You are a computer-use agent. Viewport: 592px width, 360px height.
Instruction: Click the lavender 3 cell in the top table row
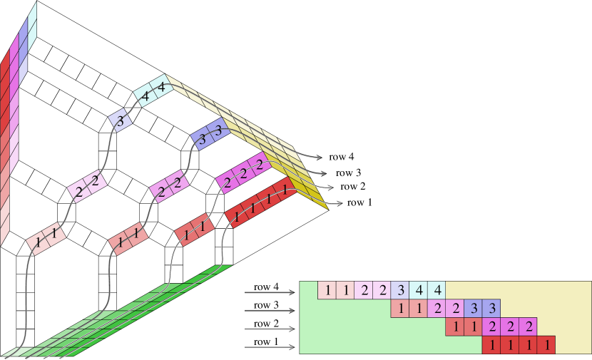click(x=400, y=290)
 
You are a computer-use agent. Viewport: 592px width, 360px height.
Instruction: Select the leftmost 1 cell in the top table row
click(x=327, y=290)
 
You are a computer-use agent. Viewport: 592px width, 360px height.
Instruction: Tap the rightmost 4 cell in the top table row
click(x=437, y=290)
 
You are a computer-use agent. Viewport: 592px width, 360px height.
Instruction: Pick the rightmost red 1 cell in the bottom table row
click(x=546, y=346)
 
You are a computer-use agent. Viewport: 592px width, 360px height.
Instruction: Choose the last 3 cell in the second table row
click(x=491, y=309)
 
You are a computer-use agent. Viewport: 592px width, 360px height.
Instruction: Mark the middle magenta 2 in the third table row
click(x=510, y=327)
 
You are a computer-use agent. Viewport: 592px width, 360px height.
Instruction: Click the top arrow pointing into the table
click(x=271, y=292)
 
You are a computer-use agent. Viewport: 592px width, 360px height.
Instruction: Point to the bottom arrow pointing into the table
click(x=271, y=347)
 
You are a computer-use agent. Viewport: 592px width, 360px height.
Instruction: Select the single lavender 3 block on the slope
click(x=121, y=120)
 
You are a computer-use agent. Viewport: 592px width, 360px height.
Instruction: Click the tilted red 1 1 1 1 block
click(x=261, y=204)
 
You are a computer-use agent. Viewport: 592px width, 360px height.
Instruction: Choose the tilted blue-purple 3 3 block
click(x=210, y=135)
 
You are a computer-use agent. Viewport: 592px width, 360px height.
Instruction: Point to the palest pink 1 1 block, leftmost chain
click(x=46, y=237)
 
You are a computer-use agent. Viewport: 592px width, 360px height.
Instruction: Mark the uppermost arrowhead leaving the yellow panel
click(x=319, y=158)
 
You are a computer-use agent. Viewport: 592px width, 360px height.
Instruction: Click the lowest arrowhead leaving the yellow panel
click(x=340, y=205)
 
